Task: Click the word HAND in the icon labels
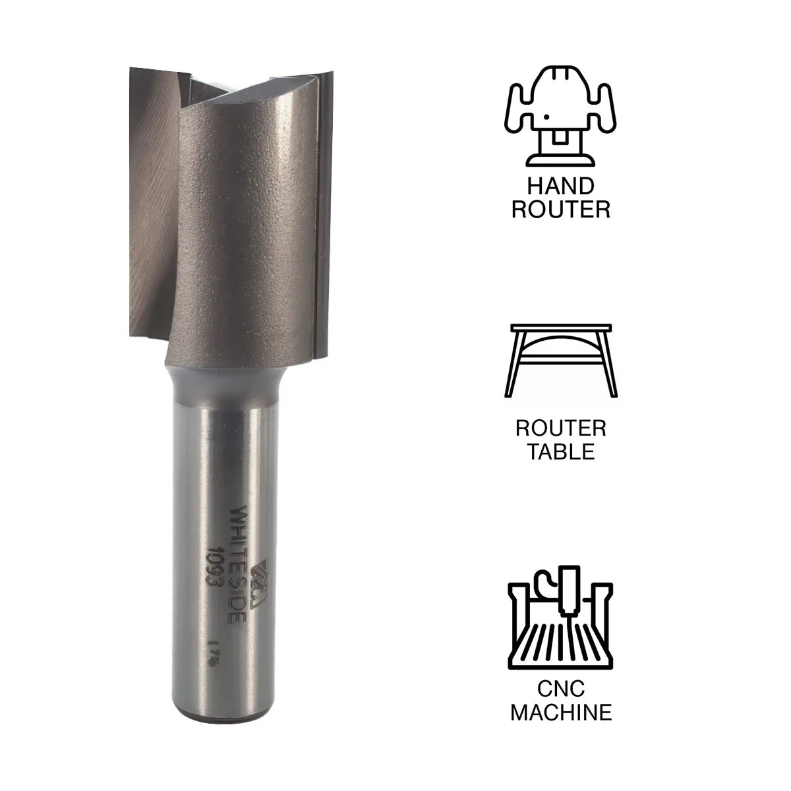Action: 560,185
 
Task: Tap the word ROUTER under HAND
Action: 560,210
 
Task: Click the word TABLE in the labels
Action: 560,453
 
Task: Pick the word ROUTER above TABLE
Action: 560,428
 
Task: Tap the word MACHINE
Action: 560,712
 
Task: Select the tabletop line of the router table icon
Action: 560,328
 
